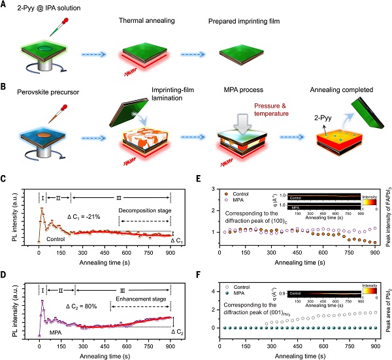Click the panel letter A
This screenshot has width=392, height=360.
click(x=5, y=5)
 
